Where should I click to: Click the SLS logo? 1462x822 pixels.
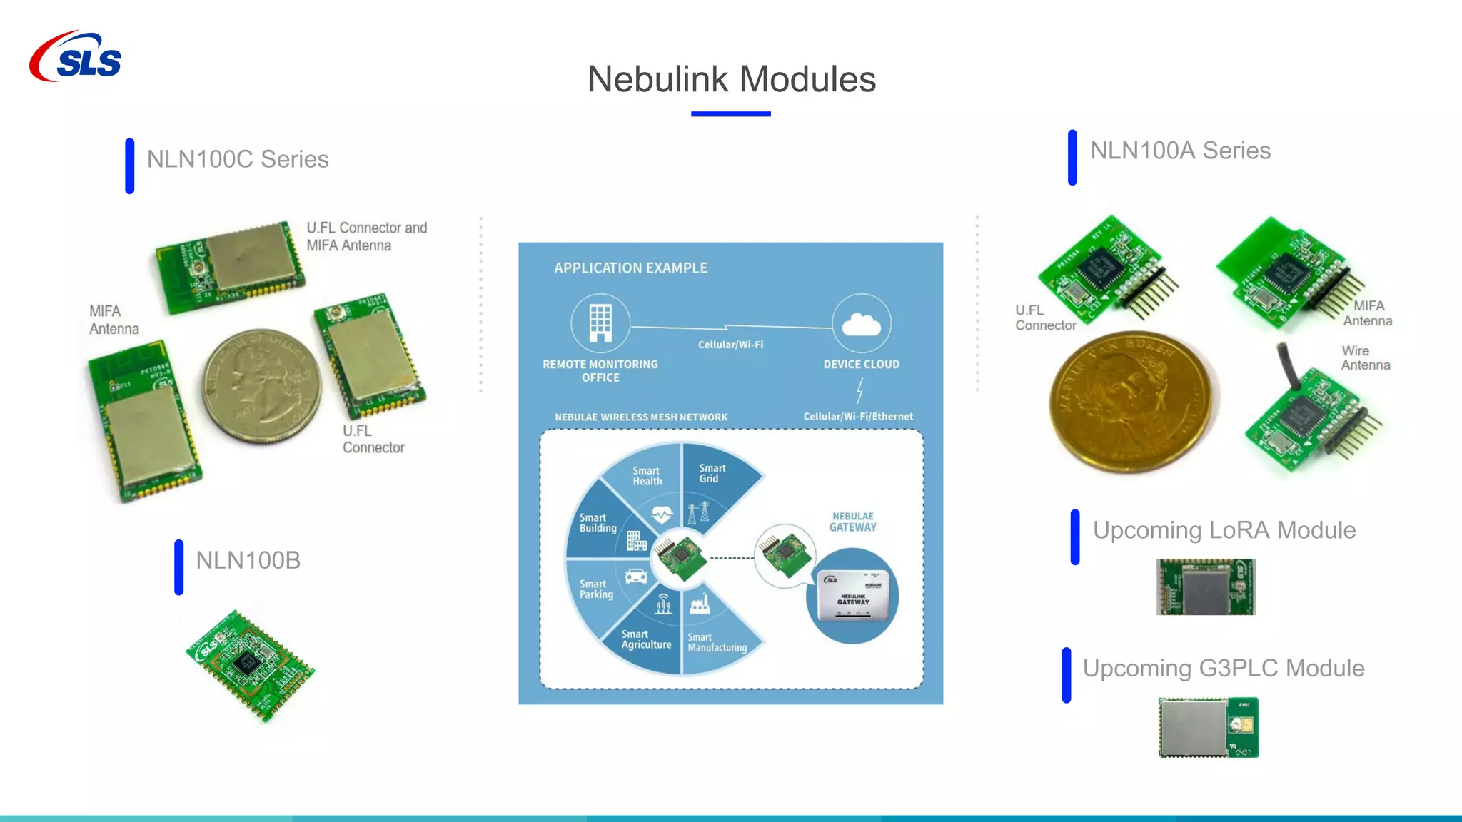(76, 57)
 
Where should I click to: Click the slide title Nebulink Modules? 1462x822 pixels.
(731, 79)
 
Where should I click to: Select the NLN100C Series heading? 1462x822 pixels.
(238, 159)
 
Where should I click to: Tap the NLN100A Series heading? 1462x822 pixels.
(1180, 151)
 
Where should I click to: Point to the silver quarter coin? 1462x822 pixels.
(261, 386)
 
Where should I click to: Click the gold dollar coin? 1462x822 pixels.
(1131, 401)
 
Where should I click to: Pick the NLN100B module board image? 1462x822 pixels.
(250, 665)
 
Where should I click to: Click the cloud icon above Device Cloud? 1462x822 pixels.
(861, 324)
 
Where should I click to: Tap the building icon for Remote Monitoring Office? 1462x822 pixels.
(600, 323)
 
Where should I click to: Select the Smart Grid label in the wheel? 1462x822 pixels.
(712, 473)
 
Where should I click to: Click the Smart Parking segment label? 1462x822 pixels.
(596, 589)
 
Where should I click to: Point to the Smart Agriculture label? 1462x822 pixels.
(646, 639)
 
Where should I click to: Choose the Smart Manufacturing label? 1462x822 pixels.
(717, 643)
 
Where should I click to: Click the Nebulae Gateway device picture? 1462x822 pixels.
(853, 595)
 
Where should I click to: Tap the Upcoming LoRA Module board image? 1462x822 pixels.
(1206, 587)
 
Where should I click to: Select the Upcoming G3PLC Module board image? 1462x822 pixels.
(1208, 727)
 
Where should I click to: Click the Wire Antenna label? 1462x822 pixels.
(1365, 358)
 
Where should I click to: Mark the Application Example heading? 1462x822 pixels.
(630, 268)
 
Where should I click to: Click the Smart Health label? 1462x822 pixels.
(647, 476)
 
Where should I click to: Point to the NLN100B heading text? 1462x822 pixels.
(248, 561)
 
